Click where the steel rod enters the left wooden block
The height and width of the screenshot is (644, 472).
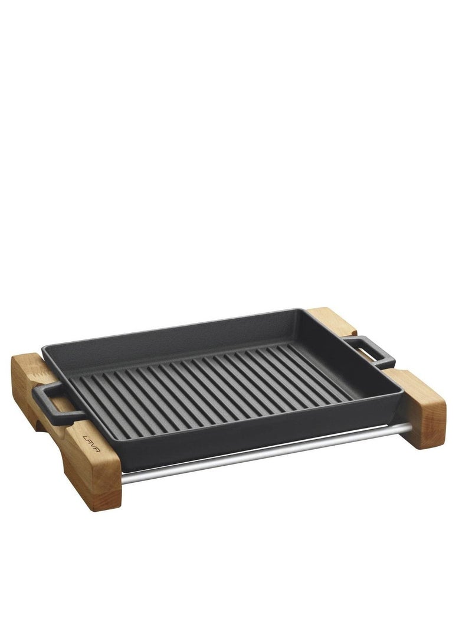click(122, 479)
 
